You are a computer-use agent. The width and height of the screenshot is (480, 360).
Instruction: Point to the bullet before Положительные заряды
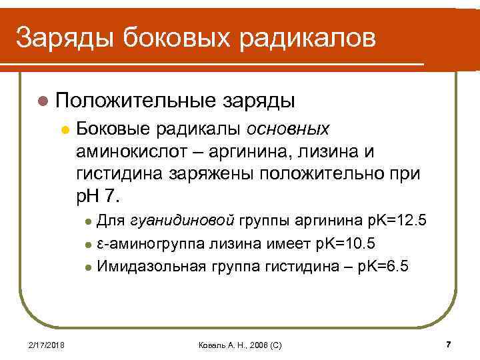43,101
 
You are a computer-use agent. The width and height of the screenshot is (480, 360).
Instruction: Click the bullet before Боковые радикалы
64,129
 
